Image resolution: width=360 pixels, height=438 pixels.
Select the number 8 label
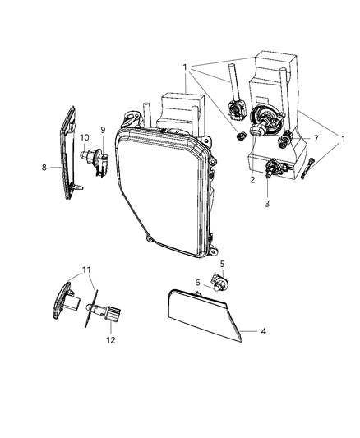[44, 167]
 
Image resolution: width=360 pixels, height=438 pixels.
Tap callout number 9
[103, 130]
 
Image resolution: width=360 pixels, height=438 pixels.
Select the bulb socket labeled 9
[102, 158]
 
